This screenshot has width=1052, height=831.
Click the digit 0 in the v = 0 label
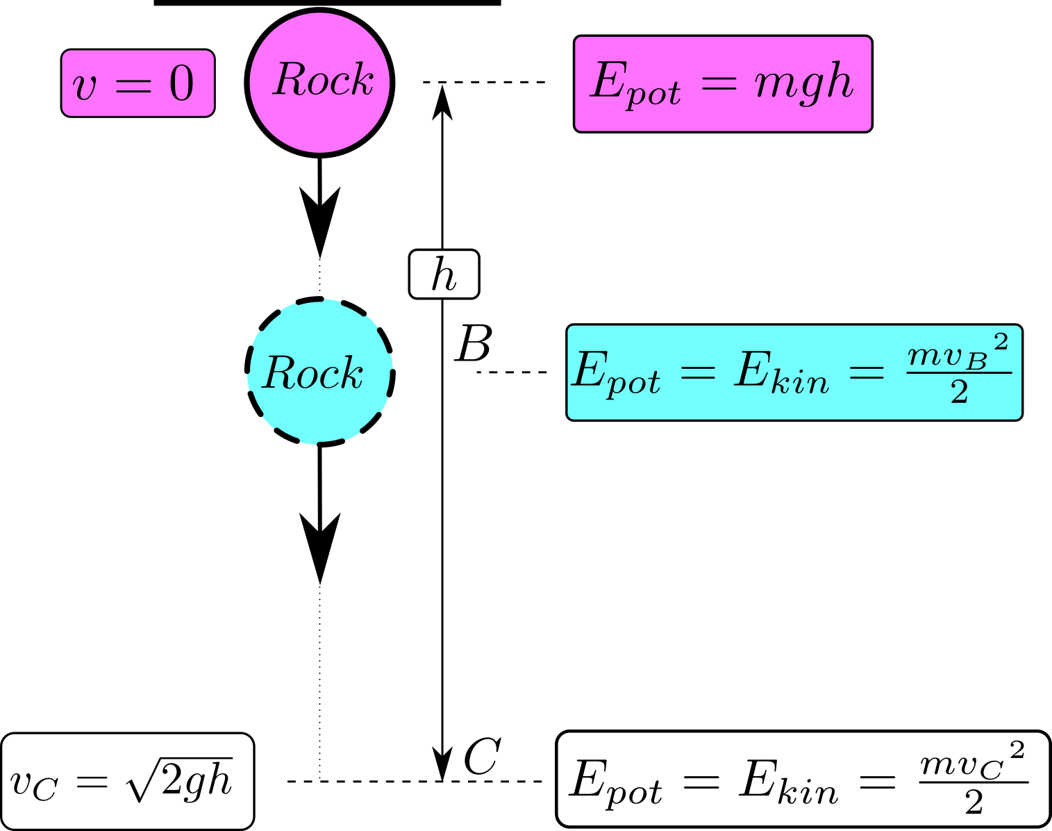(182, 85)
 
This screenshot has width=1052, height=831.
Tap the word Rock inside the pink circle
(323, 80)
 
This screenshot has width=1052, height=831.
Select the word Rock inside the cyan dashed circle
(313, 374)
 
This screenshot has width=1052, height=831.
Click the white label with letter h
(444, 274)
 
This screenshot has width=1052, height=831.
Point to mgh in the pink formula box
(803, 83)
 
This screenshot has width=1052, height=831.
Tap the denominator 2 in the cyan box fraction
(959, 393)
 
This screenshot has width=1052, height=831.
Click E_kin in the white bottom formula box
(789, 783)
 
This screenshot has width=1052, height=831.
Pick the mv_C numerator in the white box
(962, 766)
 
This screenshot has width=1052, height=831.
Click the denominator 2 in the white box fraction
(974, 803)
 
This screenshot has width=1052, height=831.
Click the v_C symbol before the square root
(33, 784)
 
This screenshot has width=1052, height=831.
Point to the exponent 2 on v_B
(1001, 342)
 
